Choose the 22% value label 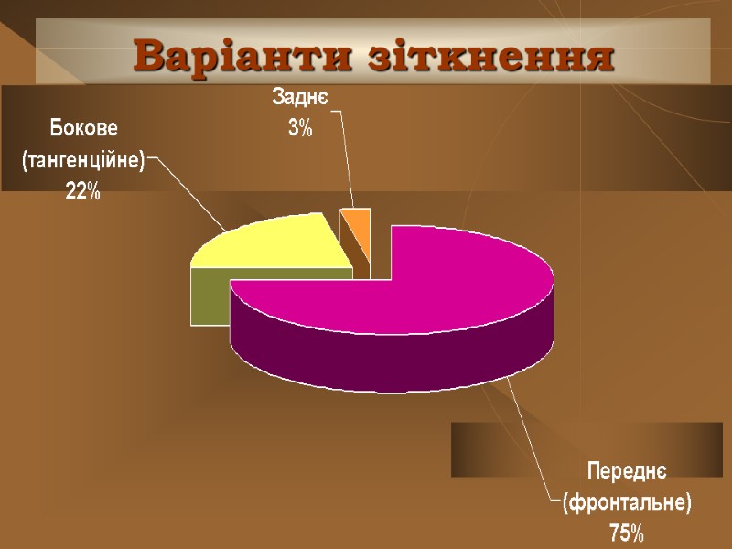coord(82,192)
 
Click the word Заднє coord(300,96)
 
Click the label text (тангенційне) coord(83,159)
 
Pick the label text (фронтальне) coord(627,501)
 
